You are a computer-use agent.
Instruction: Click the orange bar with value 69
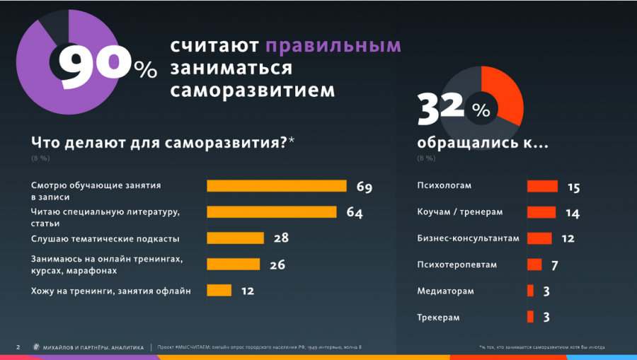(276, 186)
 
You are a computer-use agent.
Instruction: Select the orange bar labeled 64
(271, 212)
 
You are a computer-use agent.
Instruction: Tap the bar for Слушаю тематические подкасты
(235, 238)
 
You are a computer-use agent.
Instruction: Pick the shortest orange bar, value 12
(219, 290)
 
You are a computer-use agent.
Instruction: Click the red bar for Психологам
(543, 187)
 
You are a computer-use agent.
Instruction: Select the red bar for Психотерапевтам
(534, 265)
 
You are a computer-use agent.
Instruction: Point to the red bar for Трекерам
(530, 317)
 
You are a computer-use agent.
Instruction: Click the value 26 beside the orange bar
(277, 265)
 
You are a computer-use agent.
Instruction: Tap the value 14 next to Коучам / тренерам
(573, 213)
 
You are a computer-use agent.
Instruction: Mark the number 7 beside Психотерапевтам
(556, 265)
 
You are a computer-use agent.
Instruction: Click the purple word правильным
(333, 46)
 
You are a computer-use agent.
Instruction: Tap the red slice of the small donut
(506, 92)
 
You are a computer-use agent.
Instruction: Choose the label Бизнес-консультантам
(468, 238)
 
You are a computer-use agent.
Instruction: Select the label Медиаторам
(446, 291)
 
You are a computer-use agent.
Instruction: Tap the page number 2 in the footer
(18, 347)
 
